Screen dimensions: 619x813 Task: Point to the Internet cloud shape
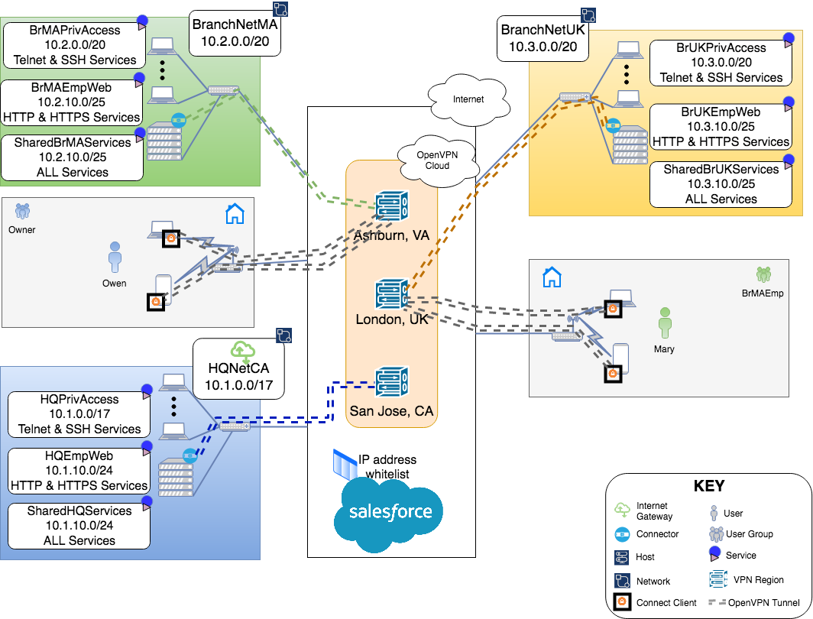(x=468, y=99)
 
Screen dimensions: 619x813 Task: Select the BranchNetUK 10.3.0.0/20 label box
(x=543, y=41)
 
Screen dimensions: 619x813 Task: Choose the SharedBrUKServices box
(x=721, y=184)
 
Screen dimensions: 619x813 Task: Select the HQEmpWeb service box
(x=79, y=470)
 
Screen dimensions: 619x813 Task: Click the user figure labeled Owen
(x=115, y=258)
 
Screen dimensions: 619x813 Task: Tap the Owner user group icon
(x=23, y=210)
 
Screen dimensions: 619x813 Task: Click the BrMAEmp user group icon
(x=763, y=274)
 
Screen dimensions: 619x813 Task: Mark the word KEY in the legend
(x=708, y=486)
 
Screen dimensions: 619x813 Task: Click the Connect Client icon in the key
(x=622, y=602)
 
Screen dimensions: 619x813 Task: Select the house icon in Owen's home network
(x=235, y=214)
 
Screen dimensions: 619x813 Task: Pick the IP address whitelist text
(x=387, y=467)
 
